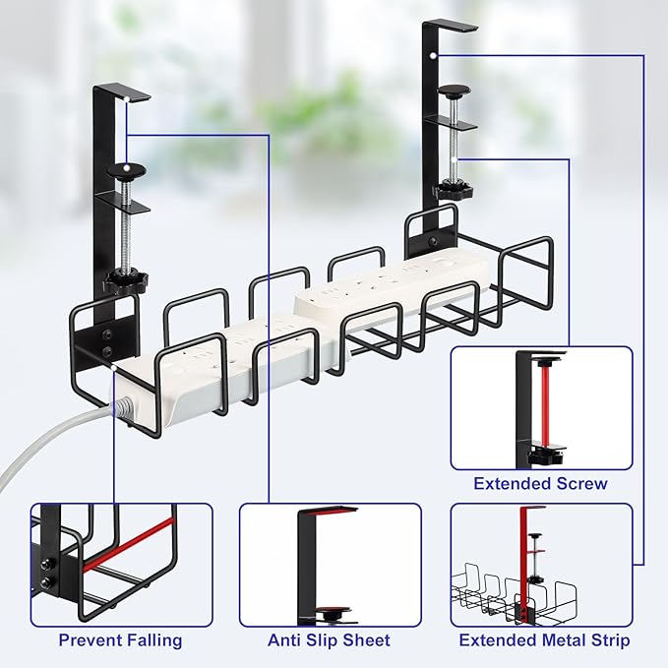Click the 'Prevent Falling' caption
click(x=120, y=640)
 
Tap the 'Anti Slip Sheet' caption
click(x=329, y=640)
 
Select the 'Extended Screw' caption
click(x=540, y=483)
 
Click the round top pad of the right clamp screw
click(x=453, y=92)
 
